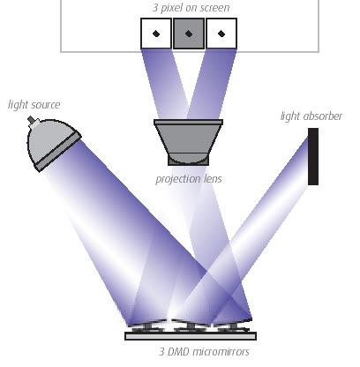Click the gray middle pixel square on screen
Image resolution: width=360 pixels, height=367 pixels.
coord(189,34)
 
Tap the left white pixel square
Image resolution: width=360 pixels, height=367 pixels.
coord(156,34)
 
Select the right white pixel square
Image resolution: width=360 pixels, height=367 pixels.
coord(221,34)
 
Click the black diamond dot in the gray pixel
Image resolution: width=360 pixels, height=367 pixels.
coord(189,34)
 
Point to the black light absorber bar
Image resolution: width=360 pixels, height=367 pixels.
coord(313,156)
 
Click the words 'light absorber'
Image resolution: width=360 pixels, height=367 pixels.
coord(311,116)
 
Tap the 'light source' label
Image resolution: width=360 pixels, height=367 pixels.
coord(34,105)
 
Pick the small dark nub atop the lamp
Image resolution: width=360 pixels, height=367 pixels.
coord(31,120)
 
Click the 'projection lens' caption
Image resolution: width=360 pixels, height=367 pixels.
coord(189,179)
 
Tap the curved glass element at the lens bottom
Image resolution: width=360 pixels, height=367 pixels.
coord(188,159)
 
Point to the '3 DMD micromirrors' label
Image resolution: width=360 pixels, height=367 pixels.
coord(204,351)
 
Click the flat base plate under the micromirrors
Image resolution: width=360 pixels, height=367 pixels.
coord(191,336)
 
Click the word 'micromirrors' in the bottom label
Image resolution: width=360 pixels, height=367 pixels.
coord(222,351)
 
